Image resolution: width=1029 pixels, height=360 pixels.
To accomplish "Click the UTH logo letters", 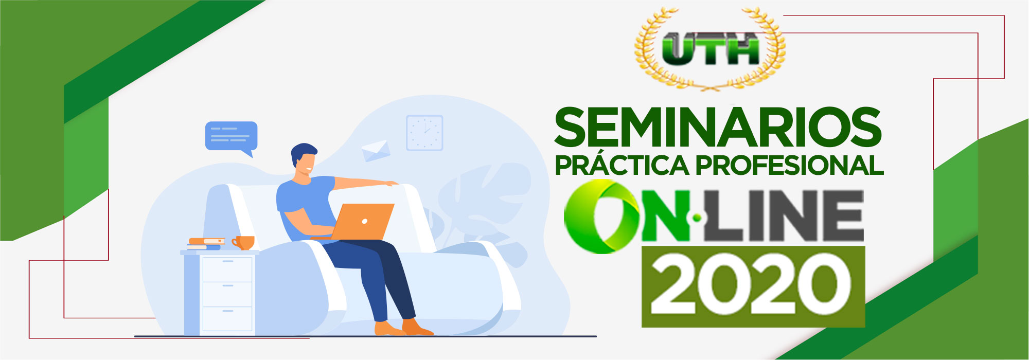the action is [x=711, y=49].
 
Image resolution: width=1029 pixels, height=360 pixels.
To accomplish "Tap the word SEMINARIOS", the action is [x=718, y=127].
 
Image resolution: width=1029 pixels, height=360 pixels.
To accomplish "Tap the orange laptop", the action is [x=363, y=222].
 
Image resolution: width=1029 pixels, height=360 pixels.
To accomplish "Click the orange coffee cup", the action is [x=243, y=243].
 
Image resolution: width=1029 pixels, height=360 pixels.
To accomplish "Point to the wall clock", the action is [x=424, y=133].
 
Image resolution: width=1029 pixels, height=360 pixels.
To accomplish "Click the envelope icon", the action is [x=376, y=151].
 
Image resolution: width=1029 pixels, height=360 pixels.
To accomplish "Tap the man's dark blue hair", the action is [x=303, y=153].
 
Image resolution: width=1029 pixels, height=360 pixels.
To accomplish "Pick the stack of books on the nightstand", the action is [x=206, y=244].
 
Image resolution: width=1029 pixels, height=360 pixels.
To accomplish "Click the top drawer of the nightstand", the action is [x=227, y=269].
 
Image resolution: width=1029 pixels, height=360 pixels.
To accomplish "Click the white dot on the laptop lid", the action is [x=365, y=222].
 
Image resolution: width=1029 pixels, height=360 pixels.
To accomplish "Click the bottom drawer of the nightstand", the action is [x=227, y=319].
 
